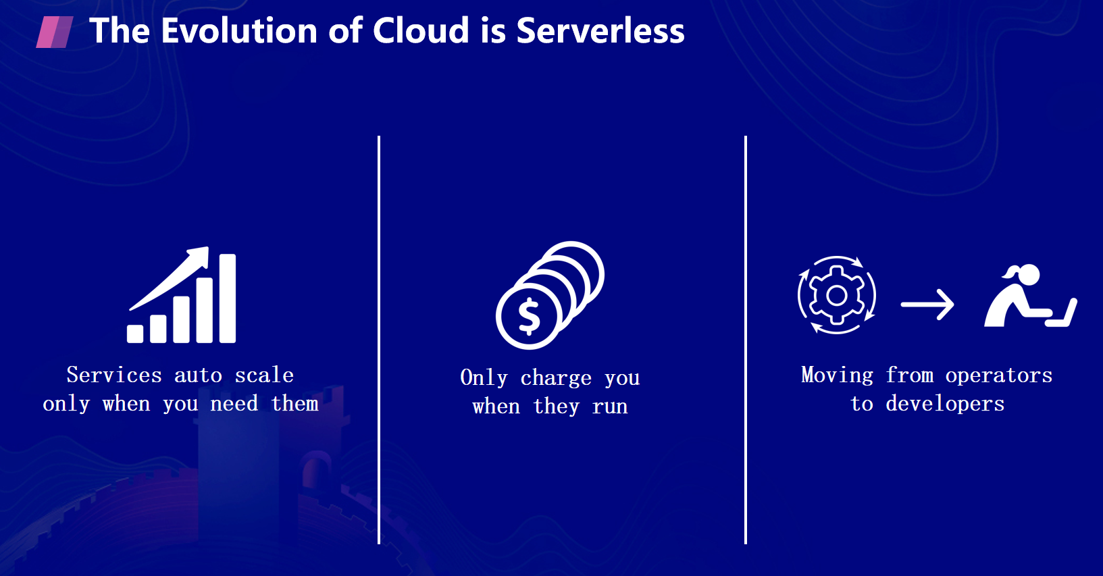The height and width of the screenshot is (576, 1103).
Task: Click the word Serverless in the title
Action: pos(600,30)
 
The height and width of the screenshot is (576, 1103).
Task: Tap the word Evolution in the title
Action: pos(239,30)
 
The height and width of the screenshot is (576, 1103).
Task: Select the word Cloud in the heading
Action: pos(421,30)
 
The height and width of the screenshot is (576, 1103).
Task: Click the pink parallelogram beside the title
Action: pos(55,32)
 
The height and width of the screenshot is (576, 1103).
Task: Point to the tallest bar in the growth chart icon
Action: pos(228,298)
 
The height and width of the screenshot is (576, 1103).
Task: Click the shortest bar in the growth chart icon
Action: pos(135,334)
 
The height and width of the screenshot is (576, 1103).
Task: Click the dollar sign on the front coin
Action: pos(530,317)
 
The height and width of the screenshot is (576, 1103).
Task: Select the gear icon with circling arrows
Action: pos(837,295)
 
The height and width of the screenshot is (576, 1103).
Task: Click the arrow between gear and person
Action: pos(927,305)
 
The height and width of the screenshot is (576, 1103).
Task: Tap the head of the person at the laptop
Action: pos(1028,274)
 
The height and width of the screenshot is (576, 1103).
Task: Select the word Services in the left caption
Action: pos(114,375)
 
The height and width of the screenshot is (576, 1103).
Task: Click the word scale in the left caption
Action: pos(264,375)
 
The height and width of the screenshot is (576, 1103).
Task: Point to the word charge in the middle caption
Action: pos(556,378)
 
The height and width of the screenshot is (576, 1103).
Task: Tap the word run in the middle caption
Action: pos(610,407)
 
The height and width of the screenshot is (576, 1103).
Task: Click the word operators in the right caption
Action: pos(998,375)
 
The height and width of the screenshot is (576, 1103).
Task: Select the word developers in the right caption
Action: pos(945,404)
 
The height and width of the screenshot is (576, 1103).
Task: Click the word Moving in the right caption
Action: pos(837,375)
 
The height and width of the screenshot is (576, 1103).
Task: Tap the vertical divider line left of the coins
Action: pos(379,340)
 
